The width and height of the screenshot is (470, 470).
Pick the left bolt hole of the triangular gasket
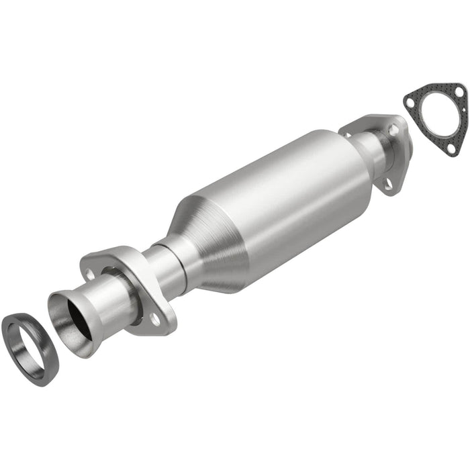[x=410, y=102]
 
